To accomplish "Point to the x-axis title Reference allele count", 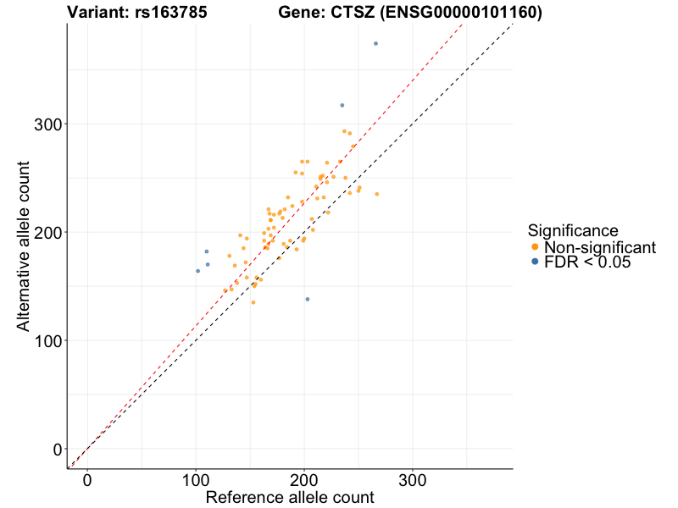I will coord(290,498).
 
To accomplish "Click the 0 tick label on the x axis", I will coord(87,480).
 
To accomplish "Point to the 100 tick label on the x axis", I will coord(196,480).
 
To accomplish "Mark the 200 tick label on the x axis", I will coord(304,480).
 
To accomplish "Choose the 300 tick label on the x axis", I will coord(413,480).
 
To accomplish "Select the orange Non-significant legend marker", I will coord(535,247).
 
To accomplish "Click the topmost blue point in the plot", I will coord(375,43).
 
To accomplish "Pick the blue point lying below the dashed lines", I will coord(307,299).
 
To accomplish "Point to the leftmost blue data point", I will coord(198,271).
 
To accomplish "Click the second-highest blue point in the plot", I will coord(342,105).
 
